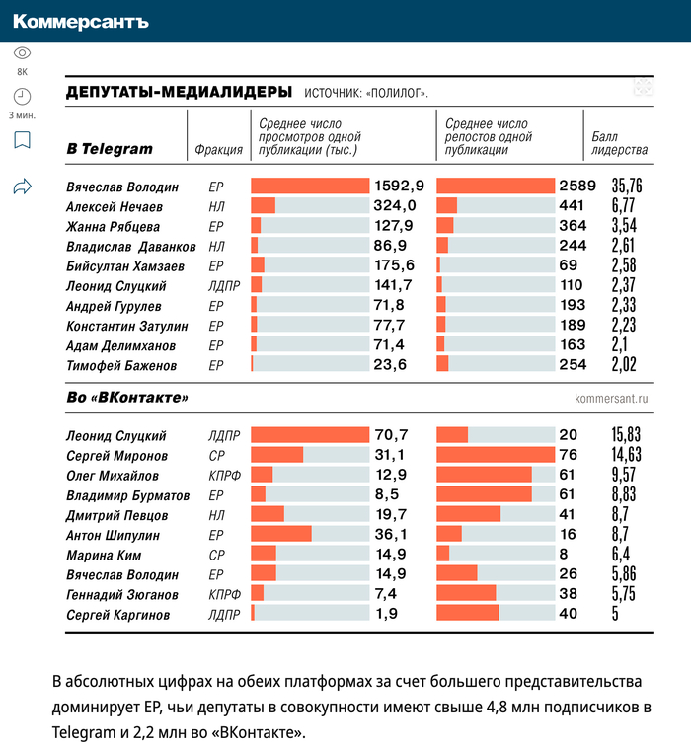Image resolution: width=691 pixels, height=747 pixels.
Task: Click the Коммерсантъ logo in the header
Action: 81,21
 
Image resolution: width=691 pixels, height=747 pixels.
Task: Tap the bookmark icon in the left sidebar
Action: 22,140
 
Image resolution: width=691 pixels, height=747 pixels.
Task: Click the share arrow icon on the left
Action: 22,187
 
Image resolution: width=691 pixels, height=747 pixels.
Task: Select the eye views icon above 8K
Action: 22,53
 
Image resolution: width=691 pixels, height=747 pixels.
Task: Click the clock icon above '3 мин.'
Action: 22,96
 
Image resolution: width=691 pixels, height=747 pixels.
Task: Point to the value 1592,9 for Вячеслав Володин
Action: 399,186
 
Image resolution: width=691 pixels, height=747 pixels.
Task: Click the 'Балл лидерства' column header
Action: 619,143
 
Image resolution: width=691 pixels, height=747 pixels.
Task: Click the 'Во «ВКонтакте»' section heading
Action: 127,398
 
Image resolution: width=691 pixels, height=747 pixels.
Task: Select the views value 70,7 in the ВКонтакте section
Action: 392,435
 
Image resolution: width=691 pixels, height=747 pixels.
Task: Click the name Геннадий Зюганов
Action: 122,595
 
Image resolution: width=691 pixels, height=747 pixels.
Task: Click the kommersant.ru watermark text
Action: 611,399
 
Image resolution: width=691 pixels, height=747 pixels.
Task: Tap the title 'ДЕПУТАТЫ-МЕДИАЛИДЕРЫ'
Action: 179,92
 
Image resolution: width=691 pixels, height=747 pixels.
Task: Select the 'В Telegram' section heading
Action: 110,149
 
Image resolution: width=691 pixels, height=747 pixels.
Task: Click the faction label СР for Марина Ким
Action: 216,555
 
